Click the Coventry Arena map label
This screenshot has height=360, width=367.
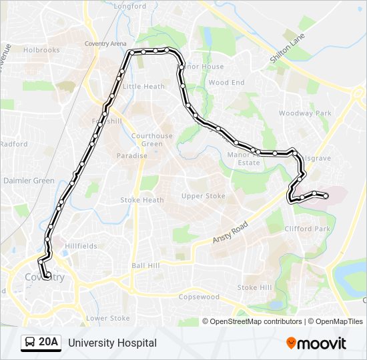point(105,44)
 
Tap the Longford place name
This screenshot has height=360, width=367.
point(130,6)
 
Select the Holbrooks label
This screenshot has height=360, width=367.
point(41,50)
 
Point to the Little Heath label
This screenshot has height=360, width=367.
point(143,87)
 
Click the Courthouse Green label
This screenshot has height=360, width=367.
point(151,140)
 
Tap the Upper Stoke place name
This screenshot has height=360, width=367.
point(204,196)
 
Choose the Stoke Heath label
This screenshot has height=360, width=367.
point(142,200)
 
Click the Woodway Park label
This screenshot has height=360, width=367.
point(305,113)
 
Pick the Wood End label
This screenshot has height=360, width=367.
point(227,83)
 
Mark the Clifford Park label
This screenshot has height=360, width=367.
point(308,229)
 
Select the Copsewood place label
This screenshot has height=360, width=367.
point(199,297)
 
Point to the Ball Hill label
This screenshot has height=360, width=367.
point(146,265)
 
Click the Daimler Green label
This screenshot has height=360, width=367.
point(29,181)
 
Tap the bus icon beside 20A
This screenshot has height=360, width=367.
point(30,343)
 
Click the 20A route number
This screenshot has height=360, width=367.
point(49,343)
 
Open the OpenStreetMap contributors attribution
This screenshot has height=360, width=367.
point(256,321)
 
